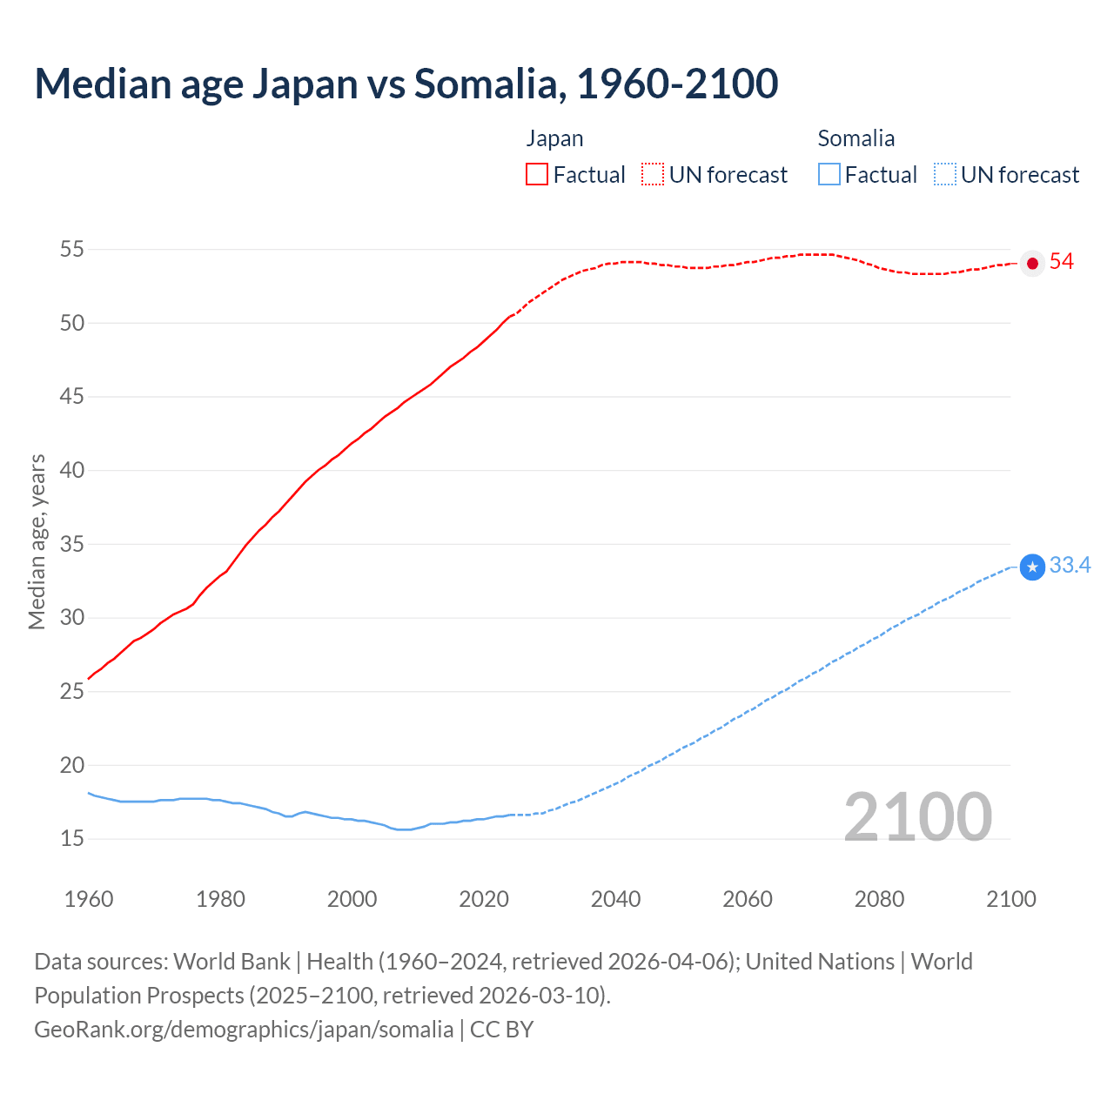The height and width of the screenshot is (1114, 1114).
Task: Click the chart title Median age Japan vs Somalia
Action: (x=406, y=84)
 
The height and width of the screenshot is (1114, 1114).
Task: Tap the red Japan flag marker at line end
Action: (x=1032, y=263)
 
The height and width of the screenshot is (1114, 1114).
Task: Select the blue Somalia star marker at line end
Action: (x=1032, y=567)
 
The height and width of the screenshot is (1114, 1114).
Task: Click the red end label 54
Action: (x=1061, y=262)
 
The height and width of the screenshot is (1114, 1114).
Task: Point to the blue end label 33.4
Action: (x=1070, y=566)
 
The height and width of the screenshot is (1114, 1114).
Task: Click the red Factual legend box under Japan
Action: (x=537, y=174)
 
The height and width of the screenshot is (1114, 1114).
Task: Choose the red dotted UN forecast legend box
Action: (x=653, y=174)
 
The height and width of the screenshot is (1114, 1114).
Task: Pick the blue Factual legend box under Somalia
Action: (x=829, y=174)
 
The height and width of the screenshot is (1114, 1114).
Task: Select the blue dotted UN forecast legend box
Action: (x=944, y=174)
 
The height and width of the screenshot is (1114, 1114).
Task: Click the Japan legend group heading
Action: (x=554, y=138)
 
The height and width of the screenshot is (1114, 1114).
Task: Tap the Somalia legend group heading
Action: (x=856, y=138)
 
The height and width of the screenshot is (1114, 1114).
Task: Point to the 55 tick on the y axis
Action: (x=71, y=250)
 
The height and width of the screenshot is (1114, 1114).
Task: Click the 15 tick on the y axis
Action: (x=71, y=839)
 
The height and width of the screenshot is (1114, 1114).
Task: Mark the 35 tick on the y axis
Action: (x=71, y=545)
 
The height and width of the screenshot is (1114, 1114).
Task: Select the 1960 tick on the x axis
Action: (x=89, y=899)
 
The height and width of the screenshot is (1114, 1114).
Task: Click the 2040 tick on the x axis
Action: (x=615, y=899)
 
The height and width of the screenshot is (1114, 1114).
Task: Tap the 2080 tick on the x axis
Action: (x=879, y=899)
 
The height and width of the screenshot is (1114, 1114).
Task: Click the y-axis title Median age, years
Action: (x=37, y=541)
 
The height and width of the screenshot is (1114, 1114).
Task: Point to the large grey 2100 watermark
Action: (x=917, y=816)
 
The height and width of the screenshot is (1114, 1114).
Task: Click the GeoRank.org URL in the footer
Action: (x=244, y=1030)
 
